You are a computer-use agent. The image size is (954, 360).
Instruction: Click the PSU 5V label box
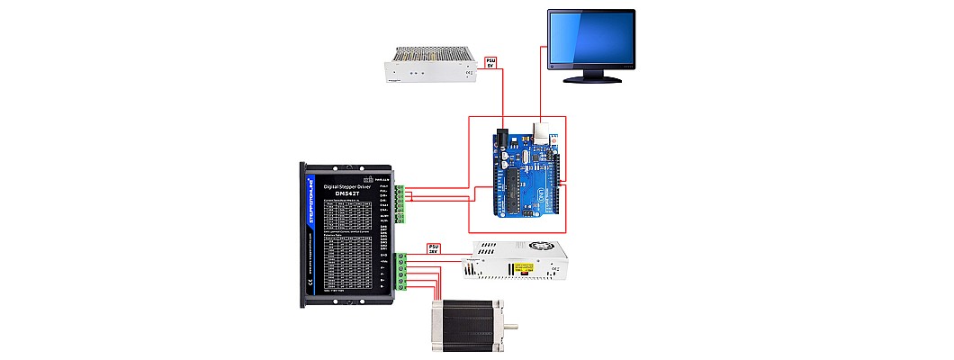(490, 62)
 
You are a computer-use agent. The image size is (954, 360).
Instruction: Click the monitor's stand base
(592, 78)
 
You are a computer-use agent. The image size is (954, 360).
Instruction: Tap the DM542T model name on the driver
(346, 191)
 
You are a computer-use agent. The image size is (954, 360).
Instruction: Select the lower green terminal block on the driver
(402, 271)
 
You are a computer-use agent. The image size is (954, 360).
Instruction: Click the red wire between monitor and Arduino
(542, 90)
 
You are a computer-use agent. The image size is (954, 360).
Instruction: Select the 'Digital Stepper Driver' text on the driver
(346, 182)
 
